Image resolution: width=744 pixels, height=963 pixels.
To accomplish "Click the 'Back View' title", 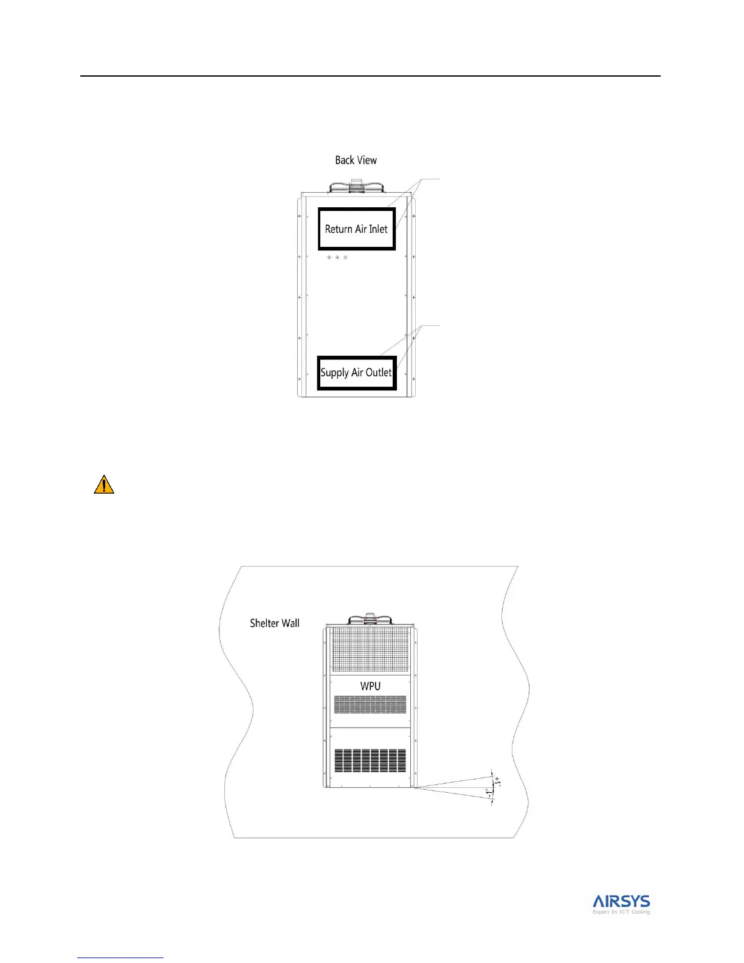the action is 356,160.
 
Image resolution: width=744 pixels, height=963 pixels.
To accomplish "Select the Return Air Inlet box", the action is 357,229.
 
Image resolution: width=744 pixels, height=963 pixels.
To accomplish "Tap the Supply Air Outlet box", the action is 357,373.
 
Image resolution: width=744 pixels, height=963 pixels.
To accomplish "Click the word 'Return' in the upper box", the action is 339,229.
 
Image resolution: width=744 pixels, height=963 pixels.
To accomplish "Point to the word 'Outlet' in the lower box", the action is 378,373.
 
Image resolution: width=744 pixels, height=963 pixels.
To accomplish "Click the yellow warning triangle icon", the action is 104,485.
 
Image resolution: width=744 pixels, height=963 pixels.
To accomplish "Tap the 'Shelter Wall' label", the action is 275,623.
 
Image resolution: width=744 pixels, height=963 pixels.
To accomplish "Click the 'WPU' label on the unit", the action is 370,686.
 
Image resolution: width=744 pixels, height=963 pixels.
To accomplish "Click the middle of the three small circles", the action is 337,257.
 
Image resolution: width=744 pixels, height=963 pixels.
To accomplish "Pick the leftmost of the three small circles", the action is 329,257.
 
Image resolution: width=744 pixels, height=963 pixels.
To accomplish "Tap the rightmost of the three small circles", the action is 345,257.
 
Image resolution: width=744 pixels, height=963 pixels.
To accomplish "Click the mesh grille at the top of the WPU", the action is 370,650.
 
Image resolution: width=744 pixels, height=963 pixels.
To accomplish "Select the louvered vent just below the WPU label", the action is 370,705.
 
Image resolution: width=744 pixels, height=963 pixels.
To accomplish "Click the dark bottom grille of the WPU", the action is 370,761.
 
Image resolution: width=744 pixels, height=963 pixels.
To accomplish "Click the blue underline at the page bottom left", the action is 120,958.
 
